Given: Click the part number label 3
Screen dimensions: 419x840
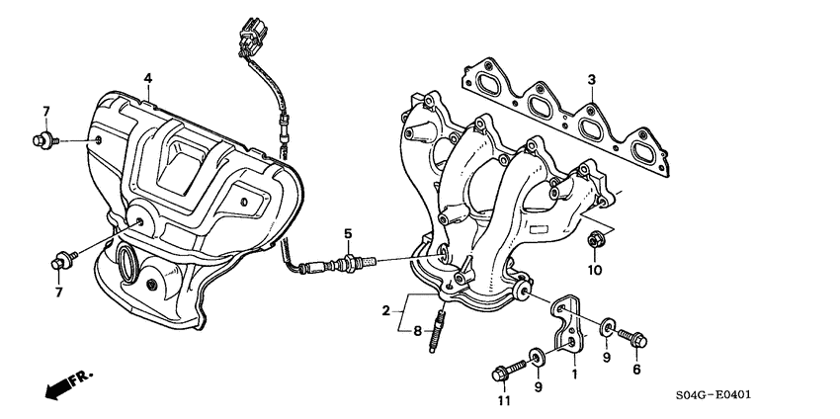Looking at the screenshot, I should pos(592,79).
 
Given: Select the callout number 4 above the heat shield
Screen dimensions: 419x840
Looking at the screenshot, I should pos(147,78).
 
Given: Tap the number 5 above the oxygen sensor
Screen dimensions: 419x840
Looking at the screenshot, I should pos(348,234).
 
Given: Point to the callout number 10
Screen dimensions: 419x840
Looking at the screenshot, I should pos(595,269).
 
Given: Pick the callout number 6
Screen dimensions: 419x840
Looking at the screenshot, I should pos(636,369).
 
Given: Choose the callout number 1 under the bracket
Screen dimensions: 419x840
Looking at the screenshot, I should pos(570,376).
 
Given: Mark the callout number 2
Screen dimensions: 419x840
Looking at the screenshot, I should pos(387,311).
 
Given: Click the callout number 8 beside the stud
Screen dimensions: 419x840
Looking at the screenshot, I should pos(417,330).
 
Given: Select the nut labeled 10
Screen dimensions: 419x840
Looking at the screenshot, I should pos(596,238).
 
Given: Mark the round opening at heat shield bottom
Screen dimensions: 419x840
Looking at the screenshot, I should pos(128,263).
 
